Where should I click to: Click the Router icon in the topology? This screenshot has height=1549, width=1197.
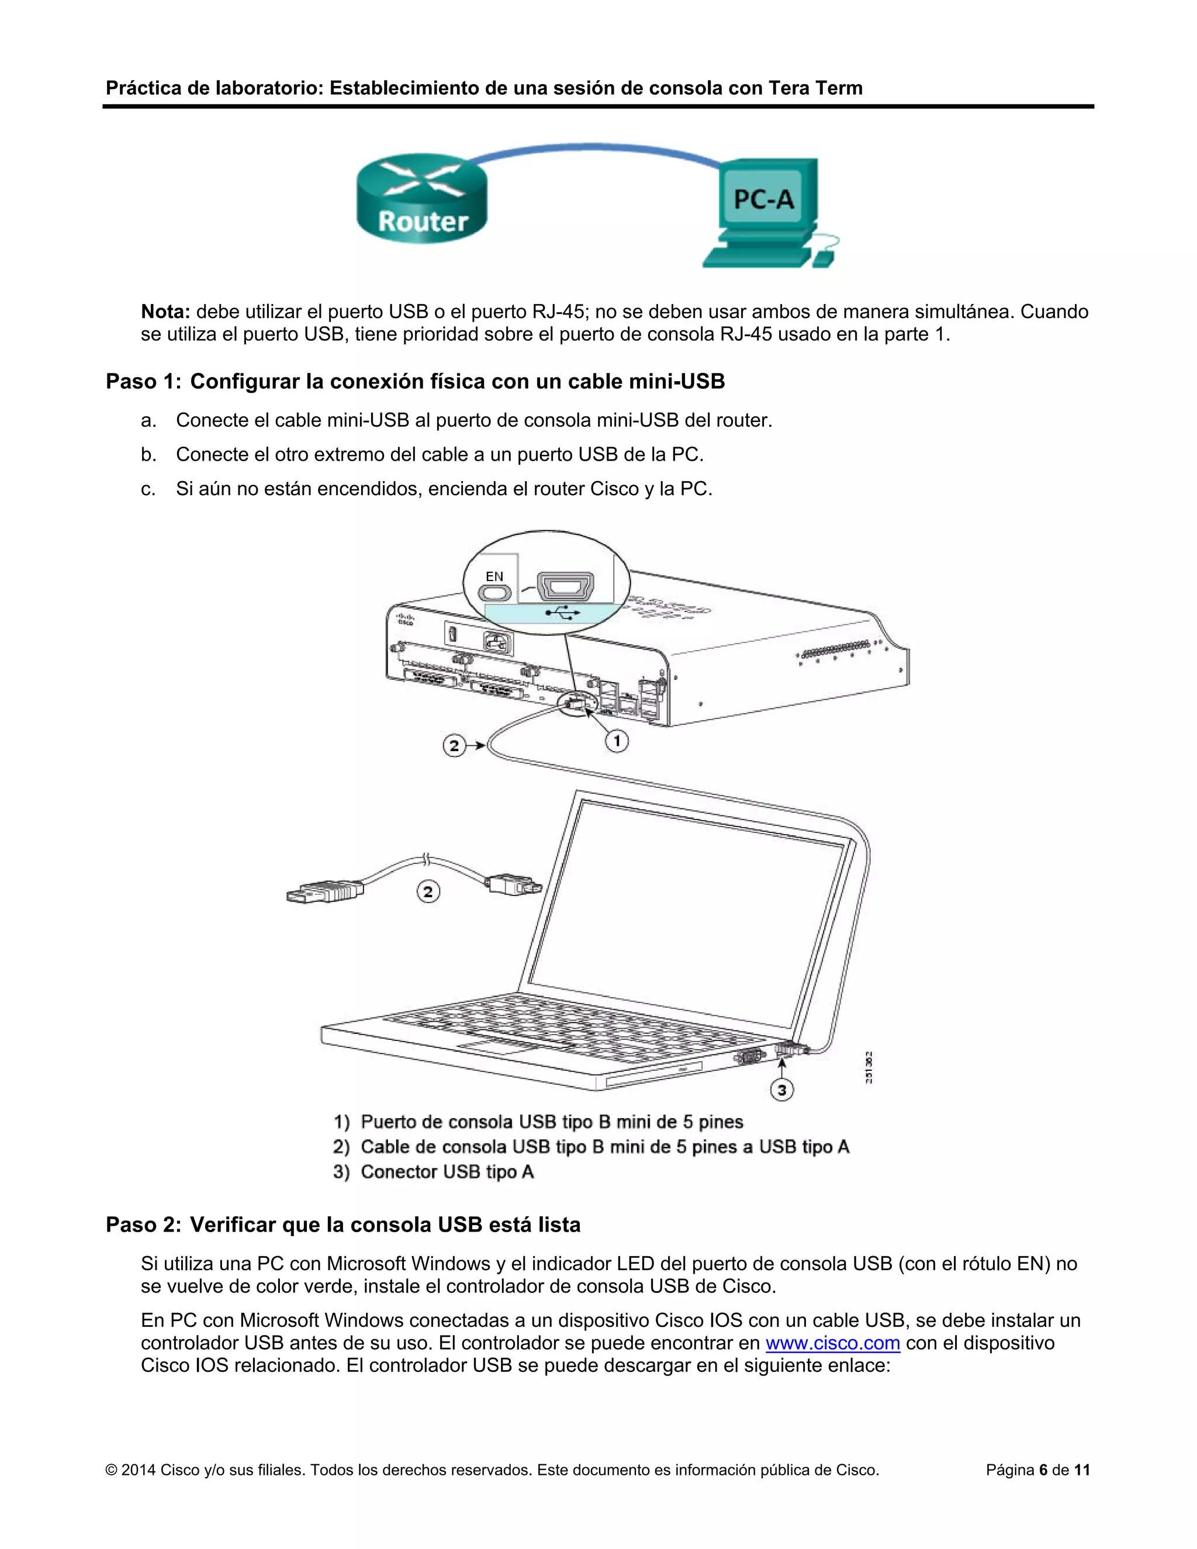[422, 199]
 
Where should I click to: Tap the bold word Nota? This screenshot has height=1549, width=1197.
[165, 312]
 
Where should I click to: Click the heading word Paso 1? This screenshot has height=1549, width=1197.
[143, 382]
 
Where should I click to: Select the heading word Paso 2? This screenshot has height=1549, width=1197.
[143, 1225]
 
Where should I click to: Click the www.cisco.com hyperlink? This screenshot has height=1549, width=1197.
[832, 1343]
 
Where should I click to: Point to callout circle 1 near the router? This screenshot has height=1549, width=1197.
[616, 741]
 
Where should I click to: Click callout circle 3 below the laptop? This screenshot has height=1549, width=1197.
[781, 1090]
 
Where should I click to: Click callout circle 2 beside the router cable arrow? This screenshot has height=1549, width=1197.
[454, 745]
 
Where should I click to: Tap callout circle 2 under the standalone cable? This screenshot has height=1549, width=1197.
[428, 891]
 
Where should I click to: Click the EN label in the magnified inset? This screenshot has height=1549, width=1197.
[494, 576]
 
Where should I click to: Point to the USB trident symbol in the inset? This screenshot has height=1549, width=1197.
[564, 613]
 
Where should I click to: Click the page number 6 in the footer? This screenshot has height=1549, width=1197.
[1043, 1470]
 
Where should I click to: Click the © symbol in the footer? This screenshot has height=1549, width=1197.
[111, 1470]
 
